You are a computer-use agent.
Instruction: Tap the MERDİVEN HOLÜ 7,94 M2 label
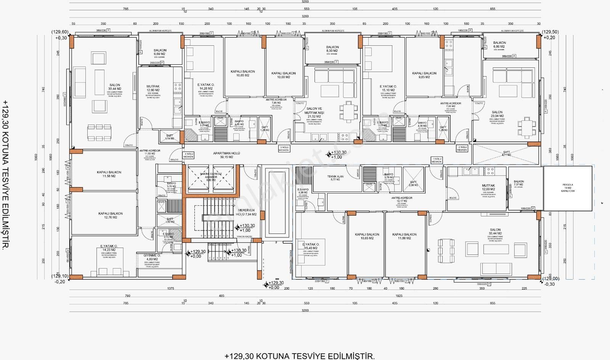coord(247,212)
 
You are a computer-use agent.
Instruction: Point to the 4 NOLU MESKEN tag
coord(189,155)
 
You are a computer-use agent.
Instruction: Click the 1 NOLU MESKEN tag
coord(437,160)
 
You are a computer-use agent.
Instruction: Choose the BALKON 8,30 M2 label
coord(332,49)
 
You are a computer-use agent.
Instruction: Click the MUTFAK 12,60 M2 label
coord(153,88)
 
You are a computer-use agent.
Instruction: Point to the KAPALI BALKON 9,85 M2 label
coord(424,75)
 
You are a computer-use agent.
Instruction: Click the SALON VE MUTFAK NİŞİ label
coord(313,111)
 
